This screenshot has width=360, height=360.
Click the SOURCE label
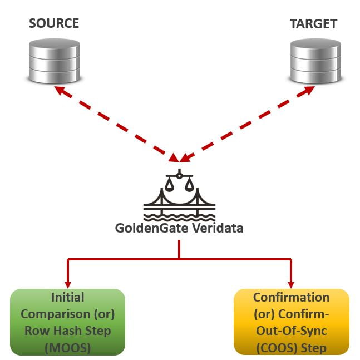[x=54, y=23]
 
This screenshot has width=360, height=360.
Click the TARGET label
[x=313, y=24]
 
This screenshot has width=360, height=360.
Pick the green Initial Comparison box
[x=68, y=322]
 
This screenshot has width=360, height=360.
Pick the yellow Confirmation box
[x=291, y=322]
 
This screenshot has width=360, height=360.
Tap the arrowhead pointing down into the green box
[x=68, y=283]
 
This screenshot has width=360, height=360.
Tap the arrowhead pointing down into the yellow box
[x=291, y=283]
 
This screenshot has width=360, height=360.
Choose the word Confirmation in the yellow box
[x=291, y=298]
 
